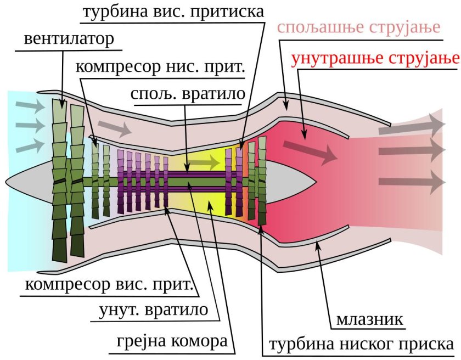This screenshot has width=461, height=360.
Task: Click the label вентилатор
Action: [69, 40]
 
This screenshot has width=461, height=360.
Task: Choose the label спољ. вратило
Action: [187, 94]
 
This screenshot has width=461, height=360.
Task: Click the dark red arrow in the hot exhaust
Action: [310, 151]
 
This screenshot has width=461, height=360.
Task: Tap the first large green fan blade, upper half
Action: [59, 137]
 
